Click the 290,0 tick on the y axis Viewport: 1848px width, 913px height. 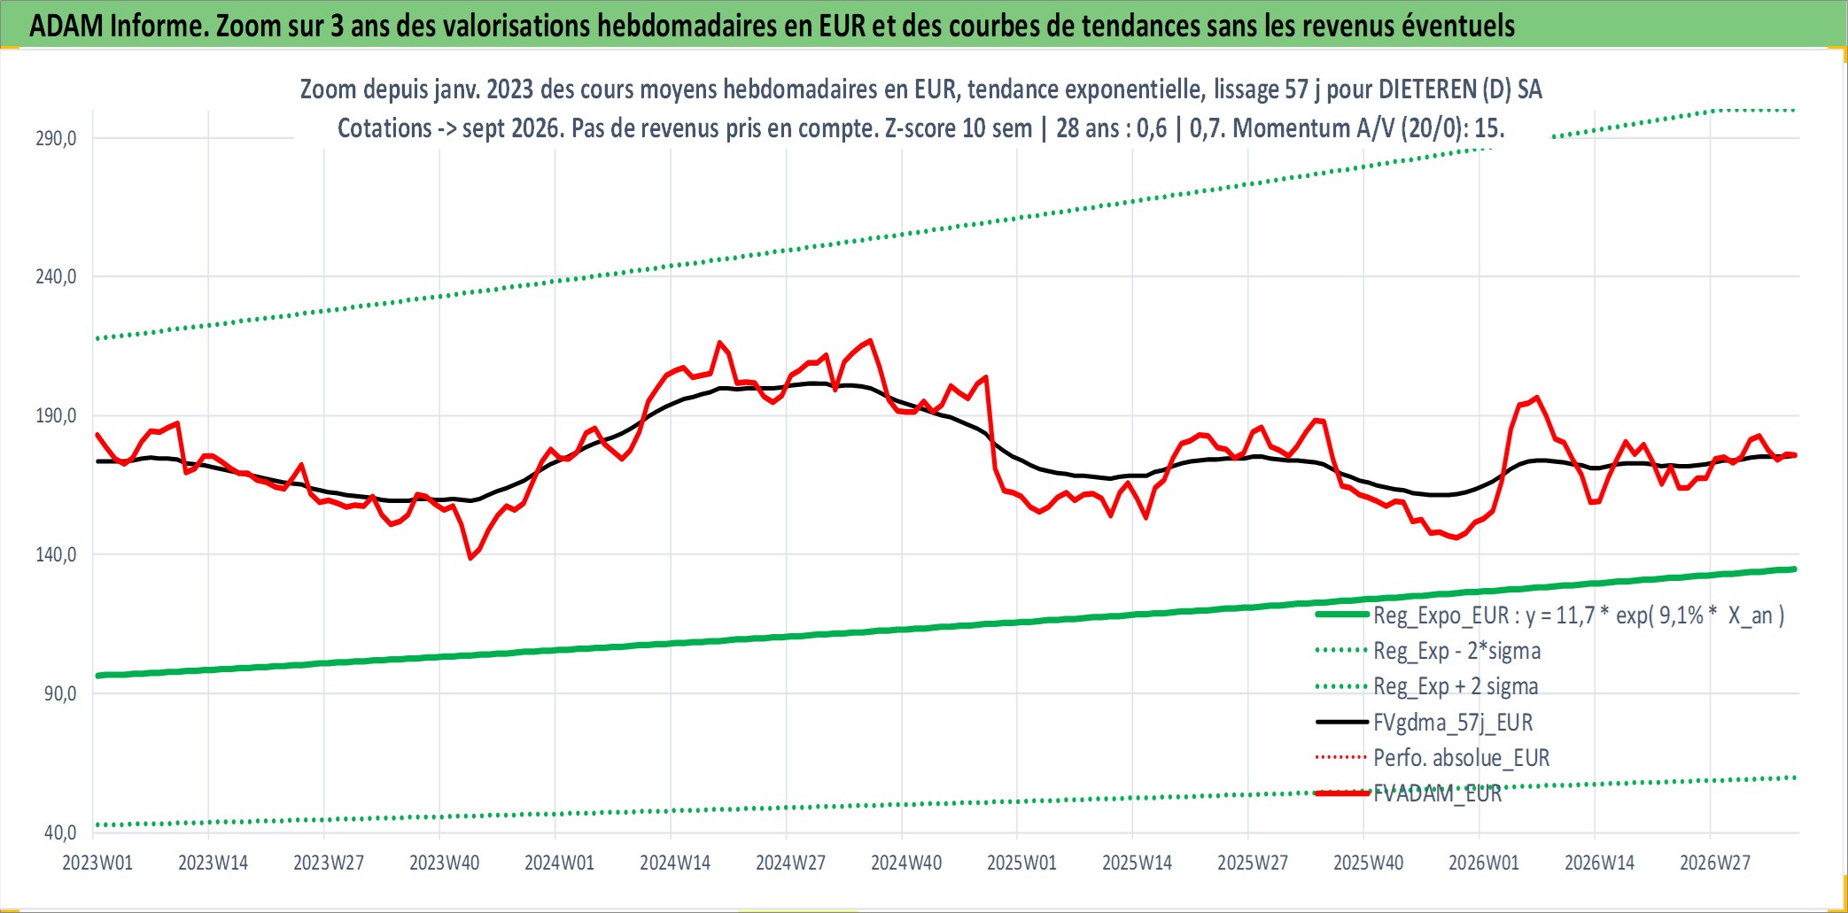(56, 138)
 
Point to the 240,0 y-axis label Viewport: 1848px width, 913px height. (56, 277)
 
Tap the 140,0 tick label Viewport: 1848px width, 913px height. (56, 554)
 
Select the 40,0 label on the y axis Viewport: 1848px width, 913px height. (60, 832)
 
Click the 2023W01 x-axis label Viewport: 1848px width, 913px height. (97, 863)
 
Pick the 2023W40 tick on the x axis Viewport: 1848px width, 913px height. (444, 863)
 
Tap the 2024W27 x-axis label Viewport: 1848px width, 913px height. (790, 863)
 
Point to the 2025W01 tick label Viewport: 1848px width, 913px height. (1021, 863)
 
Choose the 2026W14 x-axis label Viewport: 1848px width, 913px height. (1599, 863)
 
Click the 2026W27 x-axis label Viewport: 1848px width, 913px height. (1715, 863)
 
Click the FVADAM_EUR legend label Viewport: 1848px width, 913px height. (1438, 793)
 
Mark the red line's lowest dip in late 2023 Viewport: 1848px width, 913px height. (470, 558)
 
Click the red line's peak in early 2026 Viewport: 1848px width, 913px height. (1537, 398)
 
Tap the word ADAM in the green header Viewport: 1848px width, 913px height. (66, 26)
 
